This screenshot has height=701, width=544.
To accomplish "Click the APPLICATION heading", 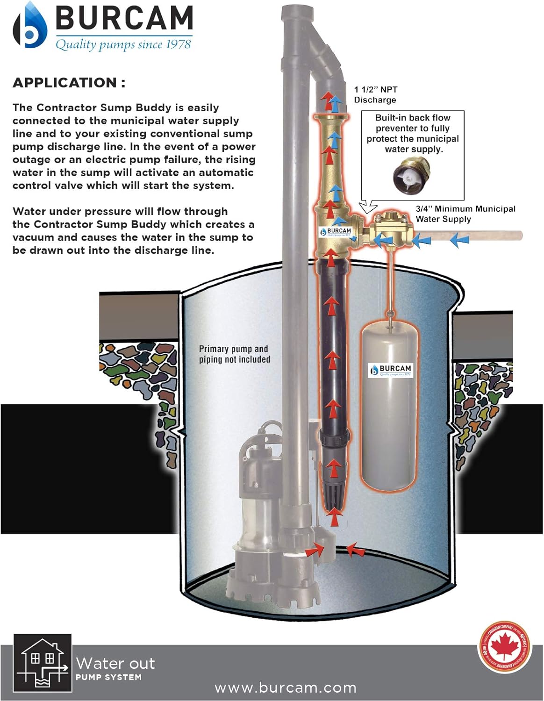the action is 69,83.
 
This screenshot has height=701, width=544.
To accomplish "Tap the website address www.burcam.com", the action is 285,688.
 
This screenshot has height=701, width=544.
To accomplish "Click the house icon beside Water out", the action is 43,663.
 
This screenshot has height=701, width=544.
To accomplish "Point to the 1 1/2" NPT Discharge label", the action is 375,94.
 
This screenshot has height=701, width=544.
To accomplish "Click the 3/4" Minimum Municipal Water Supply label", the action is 465,214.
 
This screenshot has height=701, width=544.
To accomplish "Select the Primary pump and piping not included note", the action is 235,354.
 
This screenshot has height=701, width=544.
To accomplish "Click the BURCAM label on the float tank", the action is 391,370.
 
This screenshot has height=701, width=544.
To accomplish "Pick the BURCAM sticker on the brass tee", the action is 336,231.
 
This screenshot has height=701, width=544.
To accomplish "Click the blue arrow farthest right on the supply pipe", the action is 459,240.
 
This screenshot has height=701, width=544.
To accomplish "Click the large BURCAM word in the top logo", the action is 124,19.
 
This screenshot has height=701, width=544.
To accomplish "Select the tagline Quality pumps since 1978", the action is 123,44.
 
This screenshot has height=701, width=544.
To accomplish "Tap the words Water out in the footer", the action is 115,663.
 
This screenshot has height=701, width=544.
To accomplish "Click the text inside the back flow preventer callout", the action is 413,133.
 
